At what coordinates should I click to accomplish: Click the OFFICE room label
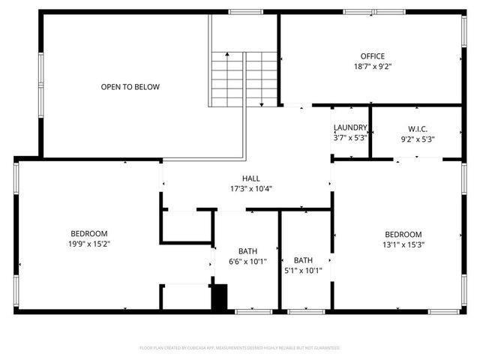[372, 56]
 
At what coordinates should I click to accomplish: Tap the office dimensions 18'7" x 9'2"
[372, 66]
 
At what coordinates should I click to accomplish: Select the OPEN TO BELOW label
[130, 87]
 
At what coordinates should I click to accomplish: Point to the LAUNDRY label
[350, 128]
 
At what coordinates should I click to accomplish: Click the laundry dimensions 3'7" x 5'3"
[350, 138]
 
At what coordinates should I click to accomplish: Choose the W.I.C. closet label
[418, 129]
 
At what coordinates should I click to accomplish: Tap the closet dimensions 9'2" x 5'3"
[418, 139]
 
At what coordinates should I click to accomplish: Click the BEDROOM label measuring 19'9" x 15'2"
[89, 233]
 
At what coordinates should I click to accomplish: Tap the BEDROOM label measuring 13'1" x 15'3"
[403, 234]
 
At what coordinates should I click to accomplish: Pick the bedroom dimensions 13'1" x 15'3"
[403, 244]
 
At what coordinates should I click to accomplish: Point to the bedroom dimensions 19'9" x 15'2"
[89, 243]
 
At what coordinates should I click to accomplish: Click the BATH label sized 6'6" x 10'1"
[247, 251]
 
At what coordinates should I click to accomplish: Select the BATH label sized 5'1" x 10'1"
[303, 260]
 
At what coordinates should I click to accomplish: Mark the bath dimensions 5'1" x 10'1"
[303, 270]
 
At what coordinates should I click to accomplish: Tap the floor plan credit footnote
[240, 348]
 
